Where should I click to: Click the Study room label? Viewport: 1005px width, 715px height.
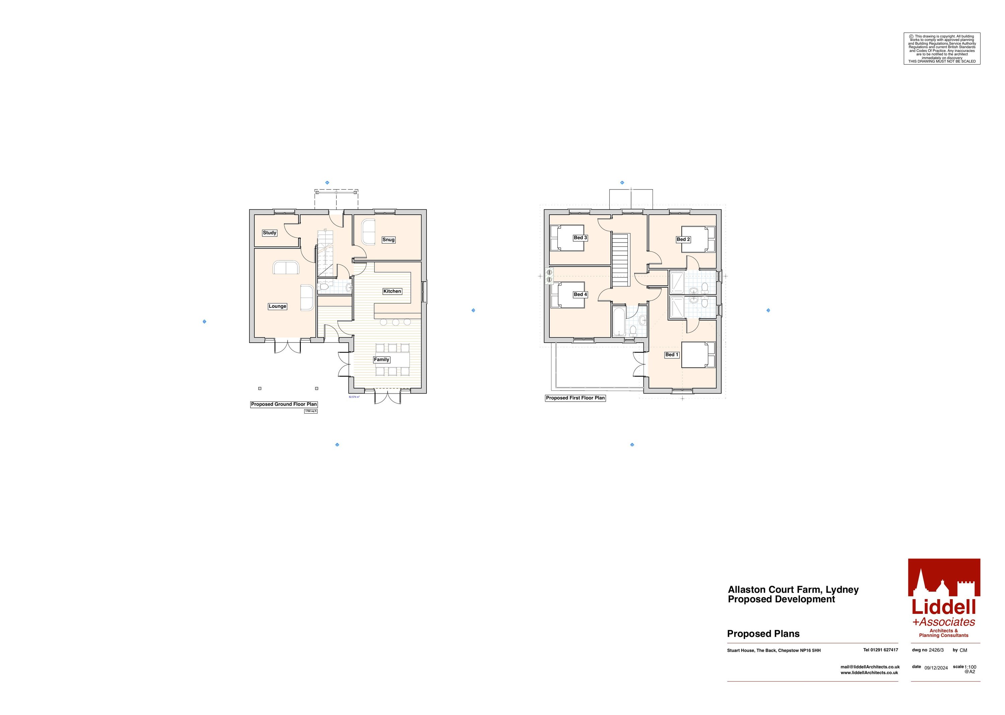[270, 233]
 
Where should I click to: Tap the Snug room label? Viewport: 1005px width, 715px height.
[388, 240]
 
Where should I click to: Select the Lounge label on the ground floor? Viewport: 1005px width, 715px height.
[277, 306]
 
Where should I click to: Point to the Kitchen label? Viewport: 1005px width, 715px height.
[392, 291]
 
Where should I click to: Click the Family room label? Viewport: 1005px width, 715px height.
[381, 360]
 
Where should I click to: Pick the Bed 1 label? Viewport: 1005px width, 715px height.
[672, 355]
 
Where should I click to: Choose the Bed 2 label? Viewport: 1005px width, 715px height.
[683, 239]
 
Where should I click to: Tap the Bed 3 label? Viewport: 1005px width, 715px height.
[580, 238]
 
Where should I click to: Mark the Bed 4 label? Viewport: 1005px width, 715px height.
[580, 295]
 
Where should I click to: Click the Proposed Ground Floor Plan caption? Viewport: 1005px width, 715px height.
[284, 405]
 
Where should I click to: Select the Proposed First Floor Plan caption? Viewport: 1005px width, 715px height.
[575, 398]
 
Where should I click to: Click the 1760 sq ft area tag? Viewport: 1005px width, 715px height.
[311, 411]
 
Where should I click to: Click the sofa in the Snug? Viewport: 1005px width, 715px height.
[368, 232]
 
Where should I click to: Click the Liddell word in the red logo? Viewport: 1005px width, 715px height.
[943, 607]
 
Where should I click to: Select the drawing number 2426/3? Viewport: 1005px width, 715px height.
[936, 650]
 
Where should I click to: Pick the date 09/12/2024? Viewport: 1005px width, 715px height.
[936, 668]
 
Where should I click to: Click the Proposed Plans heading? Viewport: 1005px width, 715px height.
[763, 634]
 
